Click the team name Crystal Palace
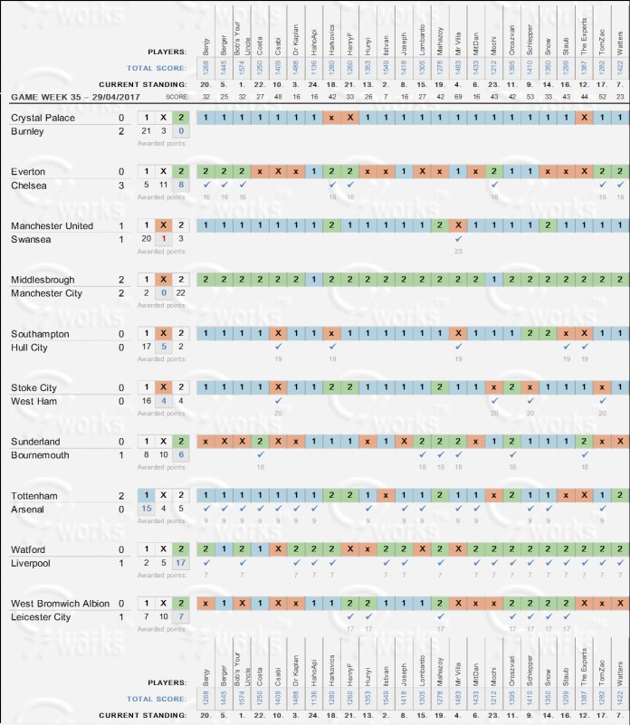click(42, 118)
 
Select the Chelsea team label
click(30, 186)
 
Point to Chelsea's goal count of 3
click(121, 186)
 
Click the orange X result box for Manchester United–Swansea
click(163, 226)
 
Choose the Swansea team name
click(31, 241)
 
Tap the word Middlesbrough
click(43, 281)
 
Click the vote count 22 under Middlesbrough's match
click(181, 295)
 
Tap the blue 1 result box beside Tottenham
click(146, 497)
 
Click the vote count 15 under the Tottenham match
click(146, 511)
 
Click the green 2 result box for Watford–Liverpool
click(181, 551)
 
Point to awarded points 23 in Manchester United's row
click(458, 252)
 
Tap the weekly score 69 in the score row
click(458, 96)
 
